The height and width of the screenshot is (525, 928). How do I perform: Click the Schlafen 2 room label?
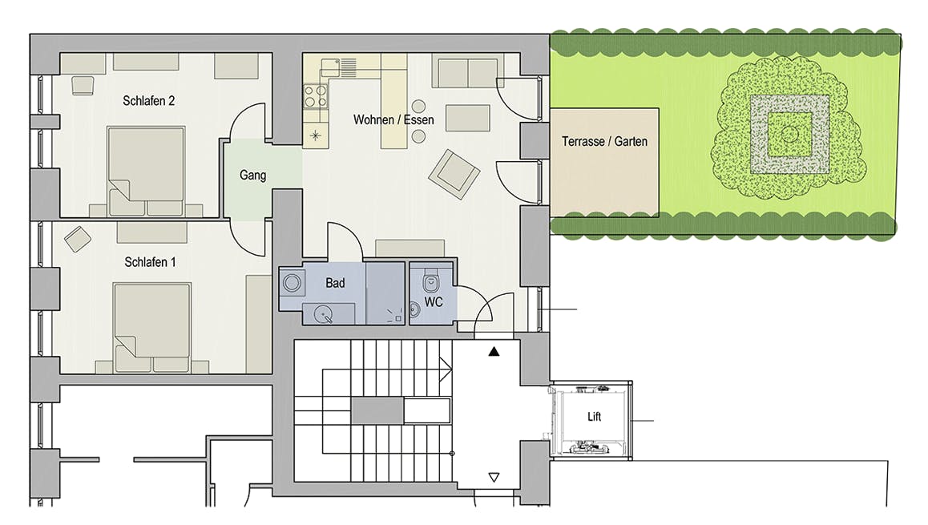tap(148, 101)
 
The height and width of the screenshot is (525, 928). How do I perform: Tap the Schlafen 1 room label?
tap(150, 261)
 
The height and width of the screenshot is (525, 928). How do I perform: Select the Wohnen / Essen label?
tap(393, 119)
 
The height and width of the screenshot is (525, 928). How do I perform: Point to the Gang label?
tap(252, 176)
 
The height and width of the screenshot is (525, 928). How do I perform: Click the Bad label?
tap(335, 283)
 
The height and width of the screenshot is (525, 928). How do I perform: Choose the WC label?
tap(434, 302)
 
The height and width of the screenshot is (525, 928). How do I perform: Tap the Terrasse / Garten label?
tap(604, 141)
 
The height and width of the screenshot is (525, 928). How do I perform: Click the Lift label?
tap(594, 417)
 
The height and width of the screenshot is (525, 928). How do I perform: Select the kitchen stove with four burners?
tap(315, 96)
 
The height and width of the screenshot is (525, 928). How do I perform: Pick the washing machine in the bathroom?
tap(291, 283)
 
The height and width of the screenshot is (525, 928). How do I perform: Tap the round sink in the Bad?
tap(323, 313)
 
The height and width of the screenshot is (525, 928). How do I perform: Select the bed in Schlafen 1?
tap(152, 328)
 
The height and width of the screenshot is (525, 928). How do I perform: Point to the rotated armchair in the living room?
tap(454, 173)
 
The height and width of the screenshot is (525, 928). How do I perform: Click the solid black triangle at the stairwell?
tap(494, 352)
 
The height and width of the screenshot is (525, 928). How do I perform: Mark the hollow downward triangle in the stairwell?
tap(494, 477)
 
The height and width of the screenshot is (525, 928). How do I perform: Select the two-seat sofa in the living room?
tap(467, 72)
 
